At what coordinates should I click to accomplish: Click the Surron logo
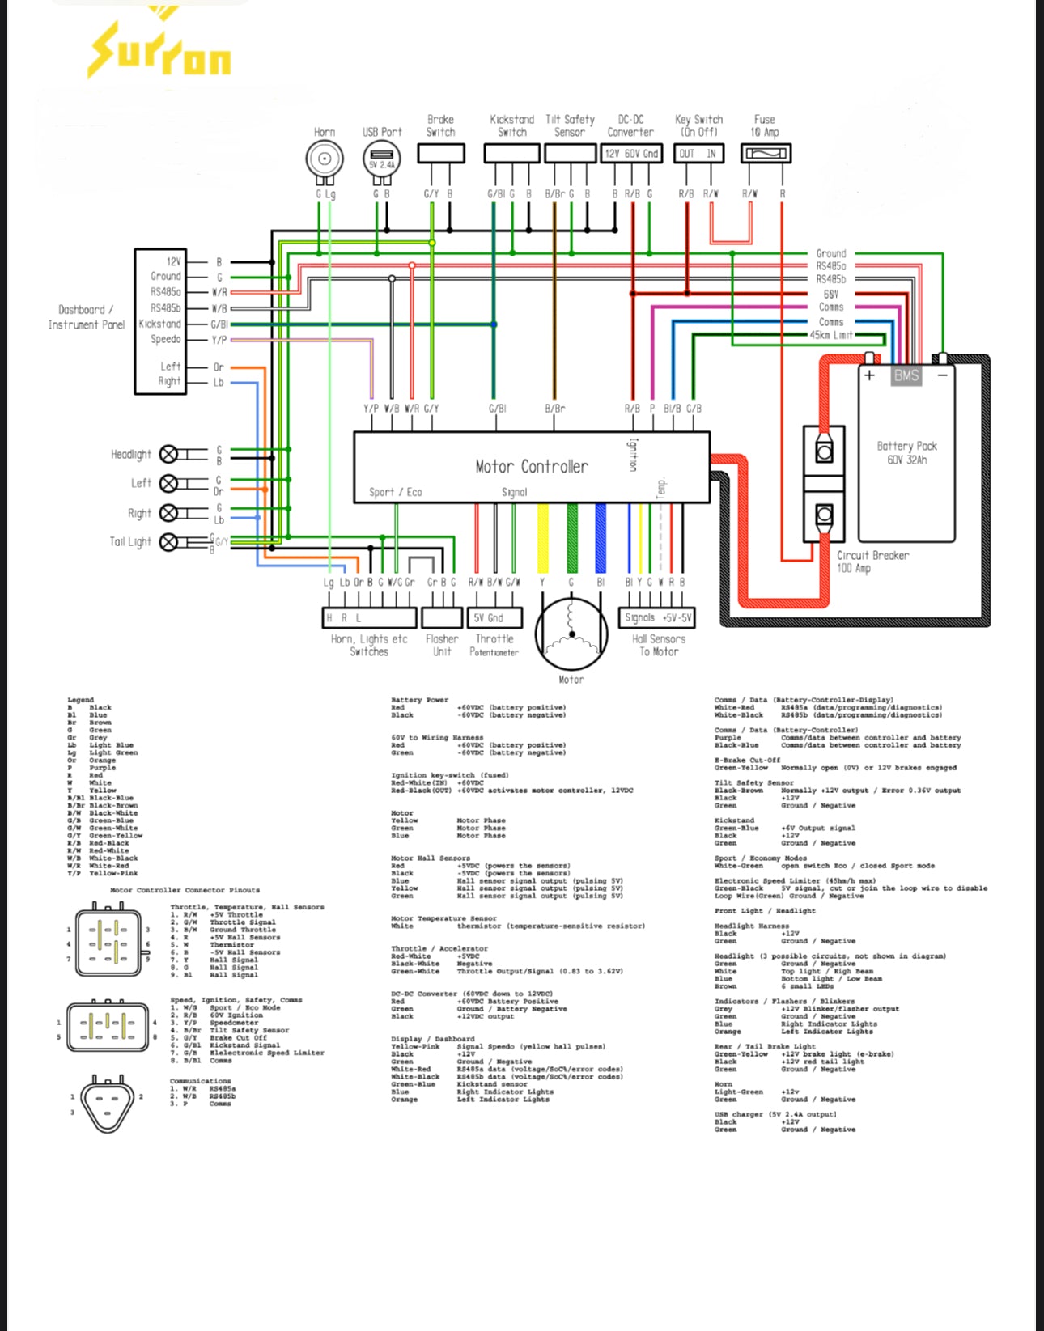[x=159, y=49]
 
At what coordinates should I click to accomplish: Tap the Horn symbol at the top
[x=325, y=159]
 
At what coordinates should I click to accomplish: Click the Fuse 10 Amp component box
[x=766, y=154]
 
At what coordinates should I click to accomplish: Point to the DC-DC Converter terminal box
[x=631, y=154]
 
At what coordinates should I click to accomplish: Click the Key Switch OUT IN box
[x=699, y=154]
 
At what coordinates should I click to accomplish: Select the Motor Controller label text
[x=532, y=467]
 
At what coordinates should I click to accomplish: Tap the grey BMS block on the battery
[x=906, y=375]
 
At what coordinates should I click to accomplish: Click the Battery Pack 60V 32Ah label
[x=906, y=453]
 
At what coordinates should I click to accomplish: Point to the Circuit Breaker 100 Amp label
[x=872, y=562]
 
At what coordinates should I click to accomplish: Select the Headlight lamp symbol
[x=168, y=455]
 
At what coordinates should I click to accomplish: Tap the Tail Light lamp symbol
[x=168, y=542]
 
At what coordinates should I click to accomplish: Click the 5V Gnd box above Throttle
[x=494, y=618]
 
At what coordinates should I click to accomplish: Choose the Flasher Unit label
[x=442, y=645]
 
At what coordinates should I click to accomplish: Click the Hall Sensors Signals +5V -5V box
[x=659, y=618]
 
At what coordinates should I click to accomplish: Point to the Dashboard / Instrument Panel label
[x=86, y=317]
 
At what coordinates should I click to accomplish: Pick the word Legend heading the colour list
[x=80, y=700]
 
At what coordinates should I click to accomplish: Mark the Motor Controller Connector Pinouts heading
[x=185, y=890]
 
